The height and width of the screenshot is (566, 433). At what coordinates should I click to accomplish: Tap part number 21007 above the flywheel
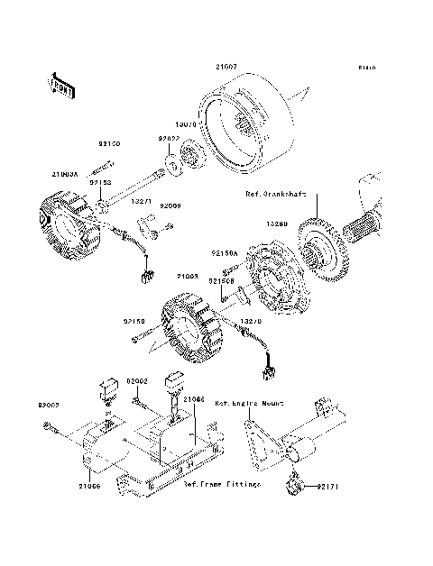click(x=226, y=67)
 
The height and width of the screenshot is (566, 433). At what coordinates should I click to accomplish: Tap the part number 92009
click(x=170, y=206)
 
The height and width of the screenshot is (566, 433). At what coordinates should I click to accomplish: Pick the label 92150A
click(x=226, y=254)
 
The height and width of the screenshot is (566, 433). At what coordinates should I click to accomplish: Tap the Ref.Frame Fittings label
click(x=222, y=485)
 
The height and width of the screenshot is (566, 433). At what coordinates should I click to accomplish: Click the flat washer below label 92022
click(x=169, y=163)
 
